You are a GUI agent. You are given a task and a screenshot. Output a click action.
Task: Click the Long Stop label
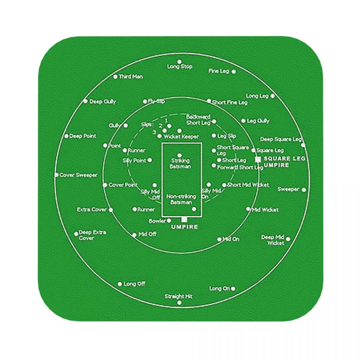click(x=180, y=67)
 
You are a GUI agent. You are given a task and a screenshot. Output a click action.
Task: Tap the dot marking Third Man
click(x=115, y=77)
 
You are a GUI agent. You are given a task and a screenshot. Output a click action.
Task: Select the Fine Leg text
click(x=219, y=71)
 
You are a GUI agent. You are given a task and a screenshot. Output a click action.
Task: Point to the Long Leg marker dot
click(x=272, y=96)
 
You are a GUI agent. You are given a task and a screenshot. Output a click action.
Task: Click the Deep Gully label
click(x=103, y=102)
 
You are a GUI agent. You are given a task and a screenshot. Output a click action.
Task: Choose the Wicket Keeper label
click(x=181, y=137)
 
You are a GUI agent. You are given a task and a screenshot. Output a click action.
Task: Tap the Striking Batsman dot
click(x=179, y=155)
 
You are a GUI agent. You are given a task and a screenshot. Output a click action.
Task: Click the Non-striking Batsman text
click(x=181, y=199)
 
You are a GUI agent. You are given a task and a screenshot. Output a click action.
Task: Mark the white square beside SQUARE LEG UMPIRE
click(x=258, y=159)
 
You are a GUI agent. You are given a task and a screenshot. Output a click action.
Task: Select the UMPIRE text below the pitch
click(x=184, y=227)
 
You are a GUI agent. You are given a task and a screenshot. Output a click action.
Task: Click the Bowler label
click(x=157, y=221)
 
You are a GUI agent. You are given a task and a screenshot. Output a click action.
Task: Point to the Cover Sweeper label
click(x=78, y=175)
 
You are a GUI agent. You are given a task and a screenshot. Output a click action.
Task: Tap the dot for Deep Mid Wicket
click(x=288, y=239)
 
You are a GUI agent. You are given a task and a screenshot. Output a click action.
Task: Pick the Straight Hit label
click(x=178, y=296)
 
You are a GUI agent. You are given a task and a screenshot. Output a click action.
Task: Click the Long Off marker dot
click(x=120, y=284)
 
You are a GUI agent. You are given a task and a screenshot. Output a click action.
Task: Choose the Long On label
click(x=220, y=289)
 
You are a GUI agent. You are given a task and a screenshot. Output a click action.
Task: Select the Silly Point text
click(x=134, y=161)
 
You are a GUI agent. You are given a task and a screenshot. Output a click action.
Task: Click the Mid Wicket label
click(x=265, y=210)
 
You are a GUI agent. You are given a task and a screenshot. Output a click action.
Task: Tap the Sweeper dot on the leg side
click(x=304, y=190)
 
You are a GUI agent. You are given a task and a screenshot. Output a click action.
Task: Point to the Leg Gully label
click(x=258, y=121)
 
